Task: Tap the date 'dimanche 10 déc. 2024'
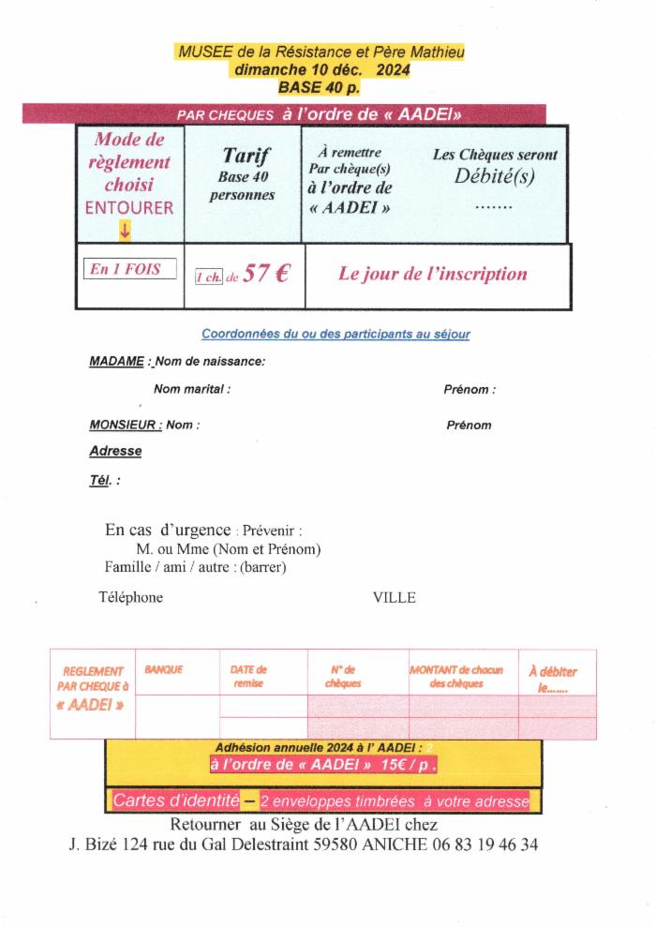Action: [x=319, y=69]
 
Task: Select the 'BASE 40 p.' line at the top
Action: [x=319, y=87]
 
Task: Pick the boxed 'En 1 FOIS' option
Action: [x=130, y=270]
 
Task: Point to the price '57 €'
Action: [x=266, y=274]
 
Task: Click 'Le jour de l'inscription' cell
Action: [x=432, y=274]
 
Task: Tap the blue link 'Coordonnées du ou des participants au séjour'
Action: [x=335, y=334]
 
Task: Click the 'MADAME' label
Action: [x=116, y=361]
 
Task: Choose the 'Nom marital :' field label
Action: [x=191, y=389]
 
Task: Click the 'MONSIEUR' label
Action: [x=126, y=425]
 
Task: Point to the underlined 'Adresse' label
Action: [x=115, y=451]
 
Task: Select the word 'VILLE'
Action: [x=394, y=598]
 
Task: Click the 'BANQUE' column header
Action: [x=164, y=670]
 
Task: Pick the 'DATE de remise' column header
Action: [x=248, y=677]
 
